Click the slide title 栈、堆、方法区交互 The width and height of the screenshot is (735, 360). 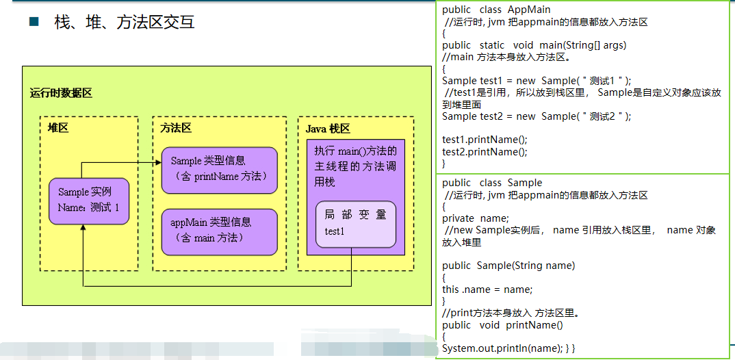point(125,22)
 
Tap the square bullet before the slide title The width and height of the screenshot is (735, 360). point(34,21)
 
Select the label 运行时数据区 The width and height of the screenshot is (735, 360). point(61,93)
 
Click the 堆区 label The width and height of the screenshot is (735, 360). point(58,128)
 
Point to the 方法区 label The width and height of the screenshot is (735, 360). point(176,128)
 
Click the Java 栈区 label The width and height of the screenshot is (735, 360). point(328,128)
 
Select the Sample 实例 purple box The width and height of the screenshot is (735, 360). point(89,201)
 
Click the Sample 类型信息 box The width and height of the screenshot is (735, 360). point(219,170)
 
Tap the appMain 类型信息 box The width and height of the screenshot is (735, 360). point(219,230)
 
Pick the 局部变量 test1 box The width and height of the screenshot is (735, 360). point(355,224)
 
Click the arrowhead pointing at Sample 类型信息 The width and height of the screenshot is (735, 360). point(157,162)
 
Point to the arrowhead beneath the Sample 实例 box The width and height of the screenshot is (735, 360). point(83,229)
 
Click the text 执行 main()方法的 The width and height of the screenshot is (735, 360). point(354,151)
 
